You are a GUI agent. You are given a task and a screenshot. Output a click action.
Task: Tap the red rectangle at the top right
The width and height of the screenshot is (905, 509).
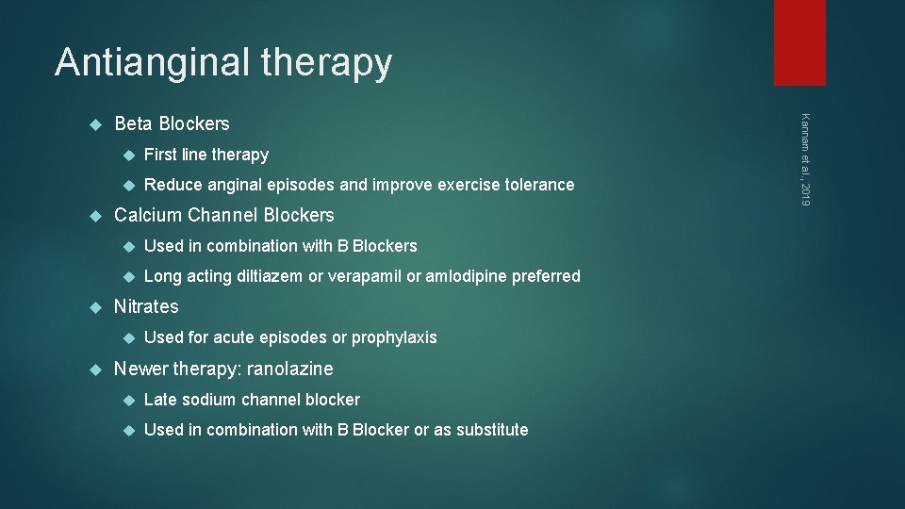point(799,42)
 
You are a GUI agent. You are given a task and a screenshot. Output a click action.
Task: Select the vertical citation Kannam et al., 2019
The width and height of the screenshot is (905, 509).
point(804,157)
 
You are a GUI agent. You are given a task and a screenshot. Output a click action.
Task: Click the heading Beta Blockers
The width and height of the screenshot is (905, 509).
point(172,123)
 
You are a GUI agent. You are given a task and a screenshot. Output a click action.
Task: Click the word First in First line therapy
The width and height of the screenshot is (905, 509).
point(159,155)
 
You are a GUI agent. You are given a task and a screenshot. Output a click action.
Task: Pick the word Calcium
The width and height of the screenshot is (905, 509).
point(148,215)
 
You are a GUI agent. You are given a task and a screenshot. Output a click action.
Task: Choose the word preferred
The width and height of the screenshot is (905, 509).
point(546,276)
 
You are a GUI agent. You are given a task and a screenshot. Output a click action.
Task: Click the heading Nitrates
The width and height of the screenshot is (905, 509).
point(146,306)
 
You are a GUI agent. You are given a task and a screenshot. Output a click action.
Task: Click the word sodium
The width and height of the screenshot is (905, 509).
point(208,400)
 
